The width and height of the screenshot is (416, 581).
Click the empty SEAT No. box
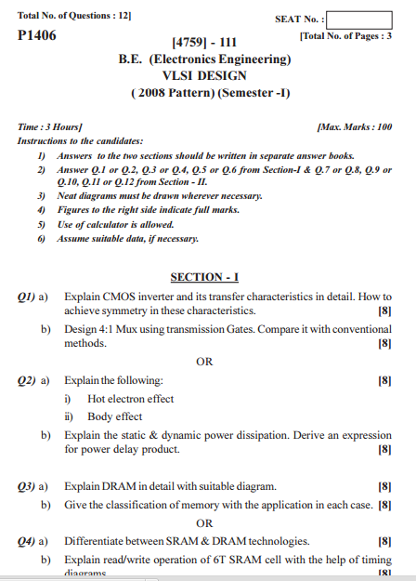(359, 20)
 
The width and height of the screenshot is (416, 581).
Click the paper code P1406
(37, 35)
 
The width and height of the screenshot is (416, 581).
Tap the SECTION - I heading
(205, 277)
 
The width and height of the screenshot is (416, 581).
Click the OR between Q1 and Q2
(205, 363)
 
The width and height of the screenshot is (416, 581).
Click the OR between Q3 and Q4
(205, 523)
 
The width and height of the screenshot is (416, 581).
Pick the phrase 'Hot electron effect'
(130, 399)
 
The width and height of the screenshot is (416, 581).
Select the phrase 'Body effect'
(114, 416)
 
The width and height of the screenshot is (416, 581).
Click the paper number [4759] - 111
(205, 43)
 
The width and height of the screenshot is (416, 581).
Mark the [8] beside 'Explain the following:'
(385, 381)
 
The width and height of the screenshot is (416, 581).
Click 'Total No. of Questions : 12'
(74, 16)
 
